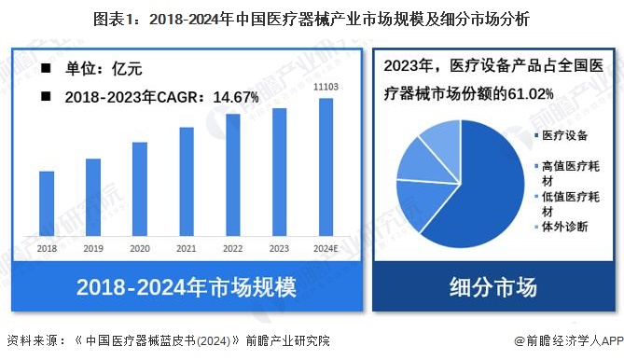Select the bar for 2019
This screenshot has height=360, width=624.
point(93,197)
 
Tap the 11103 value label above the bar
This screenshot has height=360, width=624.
point(326,87)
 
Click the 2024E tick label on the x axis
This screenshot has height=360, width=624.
point(326,249)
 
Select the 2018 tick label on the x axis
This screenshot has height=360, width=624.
point(47,249)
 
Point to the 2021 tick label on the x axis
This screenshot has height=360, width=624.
point(187,249)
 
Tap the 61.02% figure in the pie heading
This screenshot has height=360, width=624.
point(530,93)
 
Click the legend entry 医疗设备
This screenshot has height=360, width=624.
point(567,135)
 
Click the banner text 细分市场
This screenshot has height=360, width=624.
point(493,286)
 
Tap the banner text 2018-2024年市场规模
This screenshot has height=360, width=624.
point(186,286)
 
